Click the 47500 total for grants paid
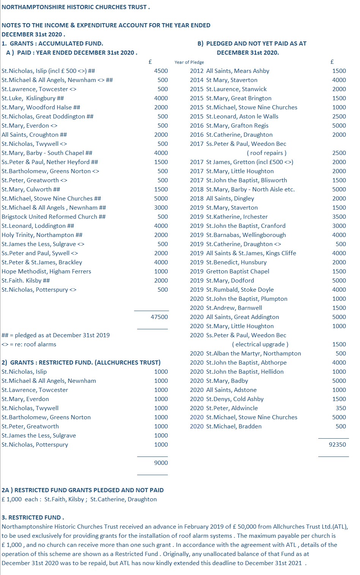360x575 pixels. (159, 317)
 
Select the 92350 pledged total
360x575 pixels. (337, 444)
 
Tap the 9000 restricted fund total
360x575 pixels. (161, 463)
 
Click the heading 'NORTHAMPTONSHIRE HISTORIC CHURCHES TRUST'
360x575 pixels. (76, 7)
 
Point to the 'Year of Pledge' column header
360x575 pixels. (189, 62)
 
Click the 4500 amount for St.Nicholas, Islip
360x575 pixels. (161, 71)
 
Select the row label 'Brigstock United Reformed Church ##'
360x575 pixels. (54, 216)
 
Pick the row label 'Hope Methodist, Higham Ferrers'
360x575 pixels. (46, 271)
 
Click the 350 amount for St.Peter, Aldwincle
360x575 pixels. (341, 408)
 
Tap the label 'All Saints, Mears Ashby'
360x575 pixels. (237, 71)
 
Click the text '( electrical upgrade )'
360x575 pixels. (260, 344)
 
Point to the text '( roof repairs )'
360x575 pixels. (267, 153)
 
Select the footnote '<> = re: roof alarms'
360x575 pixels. (29, 344)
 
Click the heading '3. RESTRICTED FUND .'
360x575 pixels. (33, 517)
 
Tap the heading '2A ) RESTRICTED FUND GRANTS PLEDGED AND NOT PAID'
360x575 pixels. (82, 490)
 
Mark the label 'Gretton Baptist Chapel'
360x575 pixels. (237, 271)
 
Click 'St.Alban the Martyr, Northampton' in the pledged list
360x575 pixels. (253, 353)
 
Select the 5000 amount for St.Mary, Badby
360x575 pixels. (339, 381)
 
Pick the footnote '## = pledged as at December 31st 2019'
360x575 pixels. (55, 335)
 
